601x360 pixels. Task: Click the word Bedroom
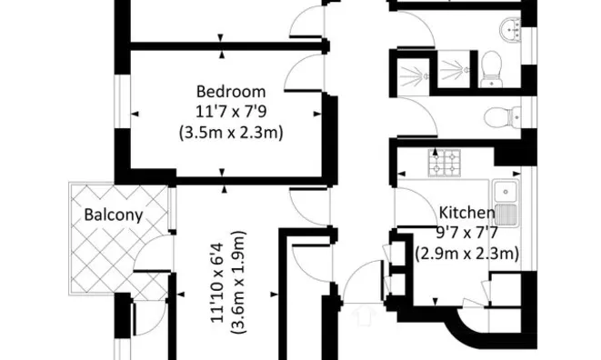click(231, 91)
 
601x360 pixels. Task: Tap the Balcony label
click(113, 215)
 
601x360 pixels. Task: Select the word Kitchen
click(466, 213)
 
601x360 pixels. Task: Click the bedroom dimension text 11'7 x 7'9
click(231, 111)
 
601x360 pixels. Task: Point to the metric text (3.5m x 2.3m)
click(231, 132)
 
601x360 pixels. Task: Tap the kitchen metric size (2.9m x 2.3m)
click(466, 255)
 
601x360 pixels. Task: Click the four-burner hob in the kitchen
click(445, 164)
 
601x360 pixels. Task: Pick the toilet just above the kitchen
click(499, 116)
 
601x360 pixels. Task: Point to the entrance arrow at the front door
click(366, 314)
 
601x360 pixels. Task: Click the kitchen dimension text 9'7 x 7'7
click(466, 234)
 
